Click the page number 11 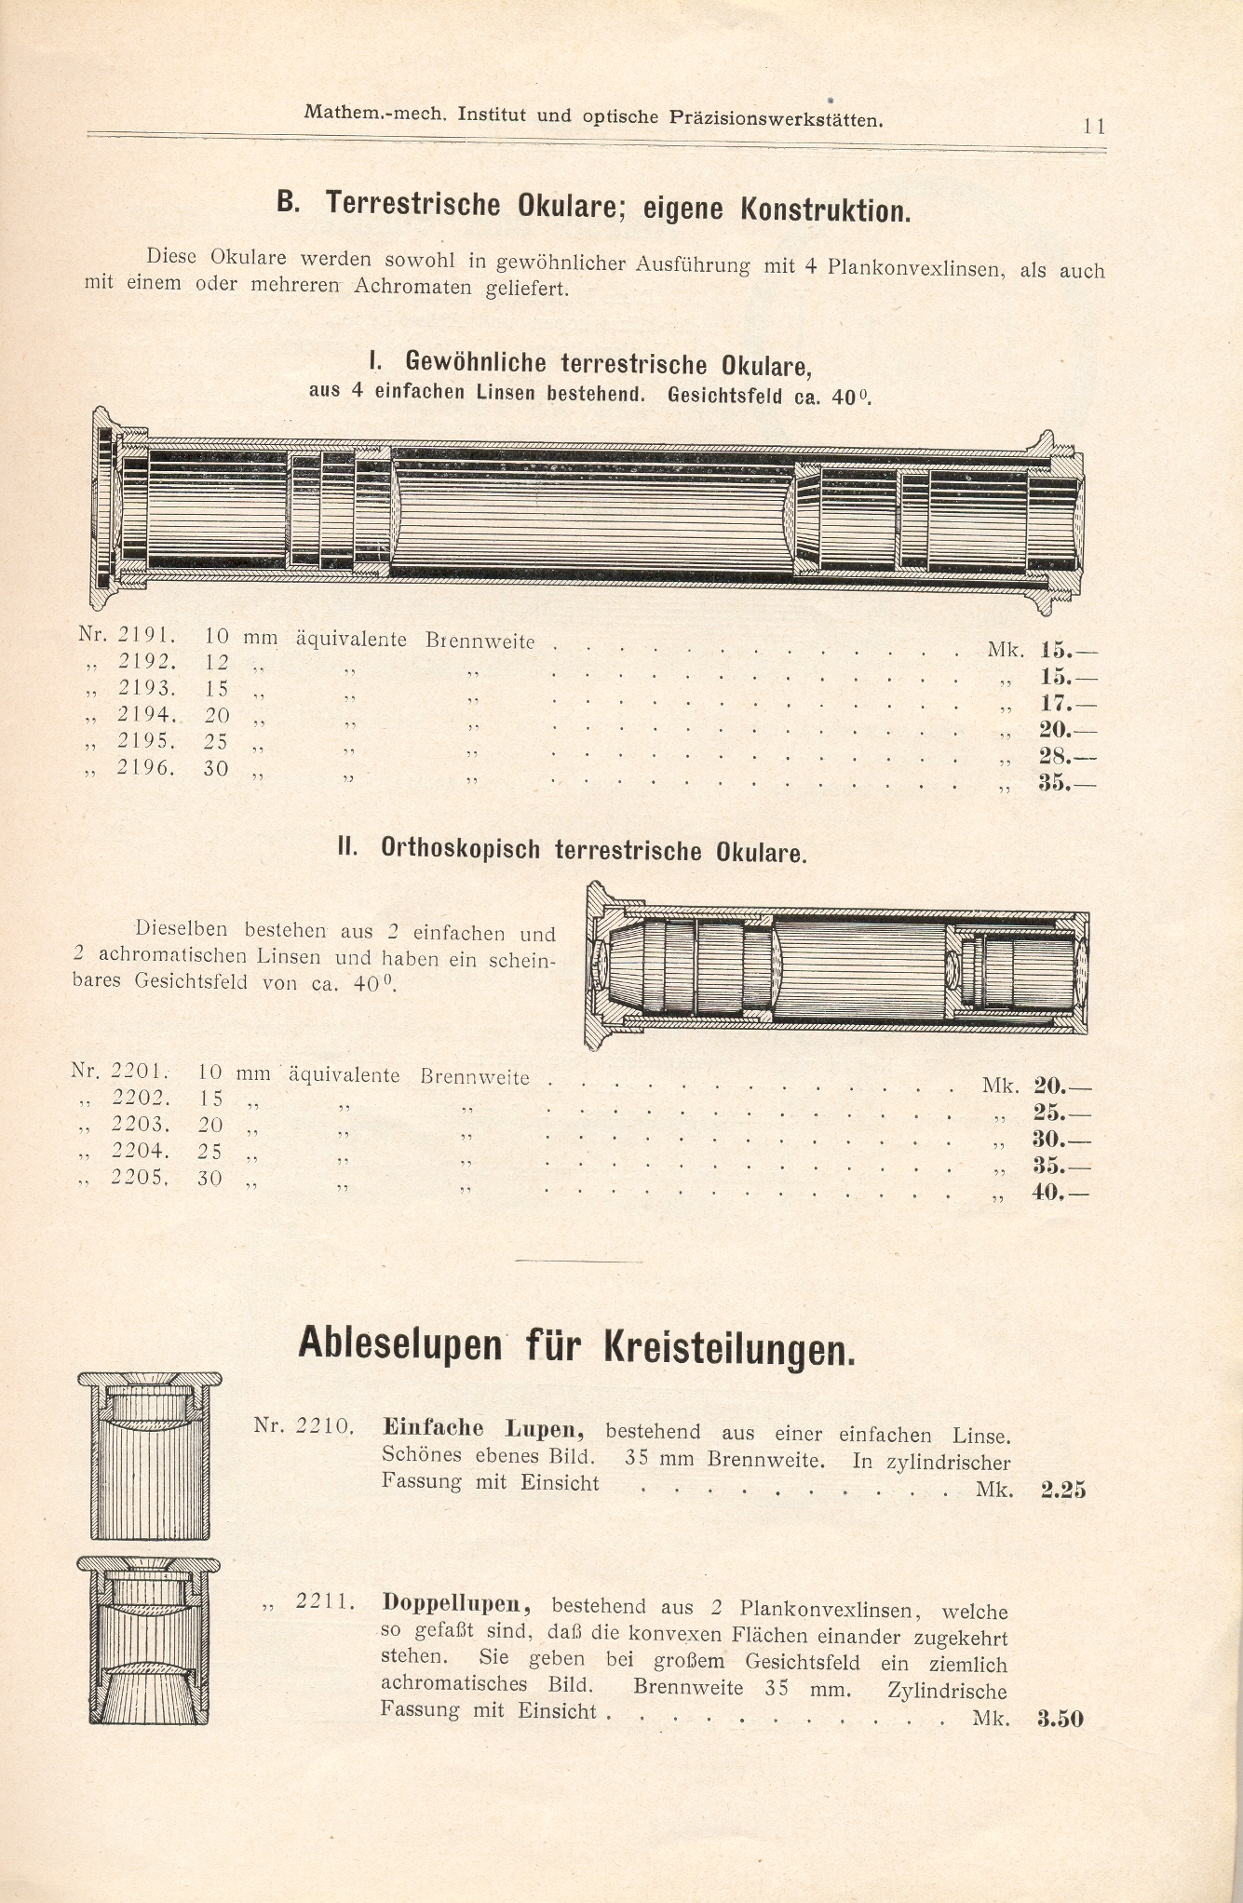pos(1093,127)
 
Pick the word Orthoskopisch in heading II pos(460,849)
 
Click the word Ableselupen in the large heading pos(399,1345)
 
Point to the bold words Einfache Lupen pos(483,1428)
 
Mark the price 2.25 pos(1062,1490)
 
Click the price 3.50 pos(1060,1719)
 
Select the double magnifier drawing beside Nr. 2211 pos(150,1640)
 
